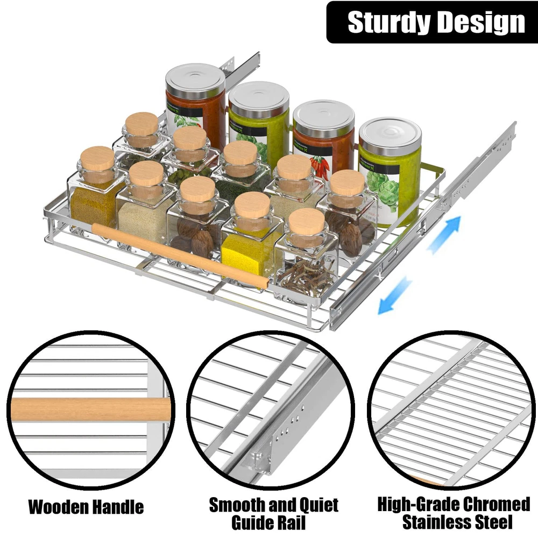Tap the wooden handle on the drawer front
(x=180, y=255)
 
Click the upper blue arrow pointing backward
(x=444, y=235)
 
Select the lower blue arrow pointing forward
(x=394, y=295)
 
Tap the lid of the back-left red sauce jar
(x=196, y=80)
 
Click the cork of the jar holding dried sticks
(x=307, y=222)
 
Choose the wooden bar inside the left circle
(x=90, y=409)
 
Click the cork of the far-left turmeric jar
(x=97, y=160)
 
